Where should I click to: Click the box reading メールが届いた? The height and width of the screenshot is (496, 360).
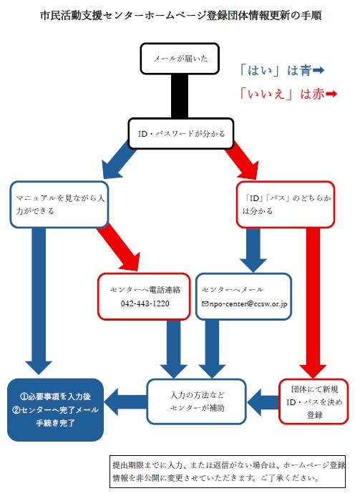pos(180,59)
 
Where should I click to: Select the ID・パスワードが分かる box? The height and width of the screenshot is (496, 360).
pos(181,134)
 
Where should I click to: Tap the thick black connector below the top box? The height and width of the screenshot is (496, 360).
pos(180,96)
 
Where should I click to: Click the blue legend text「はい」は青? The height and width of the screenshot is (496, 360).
pos(276,70)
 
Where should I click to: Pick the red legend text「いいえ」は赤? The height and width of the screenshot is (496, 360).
pos(282,94)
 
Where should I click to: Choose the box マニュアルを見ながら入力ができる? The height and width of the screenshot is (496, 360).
pos(59,205)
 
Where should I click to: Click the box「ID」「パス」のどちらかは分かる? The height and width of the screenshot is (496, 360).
pos(286,205)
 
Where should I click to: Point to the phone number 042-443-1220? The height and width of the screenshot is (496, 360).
pos(145,303)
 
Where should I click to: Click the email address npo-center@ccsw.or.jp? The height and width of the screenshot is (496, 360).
pos(248,304)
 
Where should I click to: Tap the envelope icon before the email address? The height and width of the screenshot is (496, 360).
pos(205,303)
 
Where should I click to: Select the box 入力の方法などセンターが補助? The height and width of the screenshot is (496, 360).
pos(196,402)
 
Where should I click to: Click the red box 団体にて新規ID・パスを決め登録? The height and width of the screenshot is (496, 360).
pos(313,402)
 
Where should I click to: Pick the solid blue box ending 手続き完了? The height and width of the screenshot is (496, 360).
pos(56,409)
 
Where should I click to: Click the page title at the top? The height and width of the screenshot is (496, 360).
pos(181,15)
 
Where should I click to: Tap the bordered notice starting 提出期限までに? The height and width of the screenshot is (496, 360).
pos(228,472)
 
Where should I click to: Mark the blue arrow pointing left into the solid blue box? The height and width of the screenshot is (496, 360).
pos(125,402)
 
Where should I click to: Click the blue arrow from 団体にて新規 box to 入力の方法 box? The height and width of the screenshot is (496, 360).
pos(263,402)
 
